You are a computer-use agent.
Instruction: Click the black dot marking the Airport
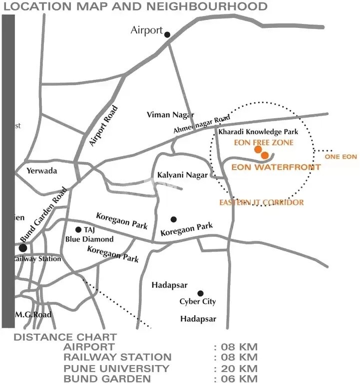167,34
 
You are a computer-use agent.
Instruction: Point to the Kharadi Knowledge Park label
258,132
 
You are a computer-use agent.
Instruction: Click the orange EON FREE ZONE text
264,142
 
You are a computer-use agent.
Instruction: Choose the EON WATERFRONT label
276,168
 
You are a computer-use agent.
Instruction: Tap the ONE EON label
341,157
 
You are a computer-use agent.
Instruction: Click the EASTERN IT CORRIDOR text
262,202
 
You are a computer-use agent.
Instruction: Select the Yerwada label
42,171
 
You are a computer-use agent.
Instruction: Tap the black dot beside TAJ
78,230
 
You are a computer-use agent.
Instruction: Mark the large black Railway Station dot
23,248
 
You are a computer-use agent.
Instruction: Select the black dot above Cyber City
200,293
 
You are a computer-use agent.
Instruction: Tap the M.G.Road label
33,315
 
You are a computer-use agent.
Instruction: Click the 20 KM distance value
235,369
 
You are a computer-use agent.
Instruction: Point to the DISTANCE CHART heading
65,337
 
